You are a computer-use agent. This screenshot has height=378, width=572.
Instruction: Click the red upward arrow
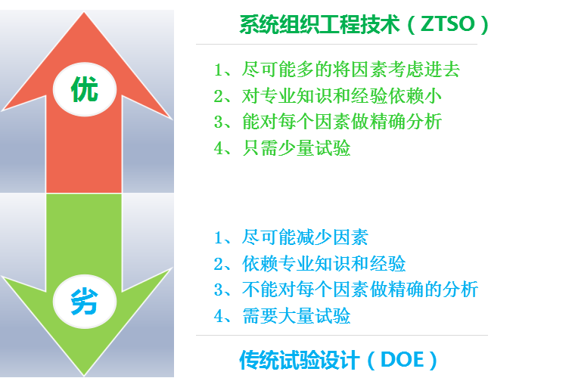(84, 144)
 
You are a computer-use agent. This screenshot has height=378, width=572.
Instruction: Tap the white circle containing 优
(84, 90)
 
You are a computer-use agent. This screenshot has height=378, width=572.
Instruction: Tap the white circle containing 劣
(84, 302)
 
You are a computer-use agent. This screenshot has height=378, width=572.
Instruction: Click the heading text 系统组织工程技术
(319, 25)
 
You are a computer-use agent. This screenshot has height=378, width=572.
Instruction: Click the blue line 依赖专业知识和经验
(321, 264)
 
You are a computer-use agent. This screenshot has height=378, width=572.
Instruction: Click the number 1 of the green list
(219, 71)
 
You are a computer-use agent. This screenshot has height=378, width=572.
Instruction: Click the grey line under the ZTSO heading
(337, 45)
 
